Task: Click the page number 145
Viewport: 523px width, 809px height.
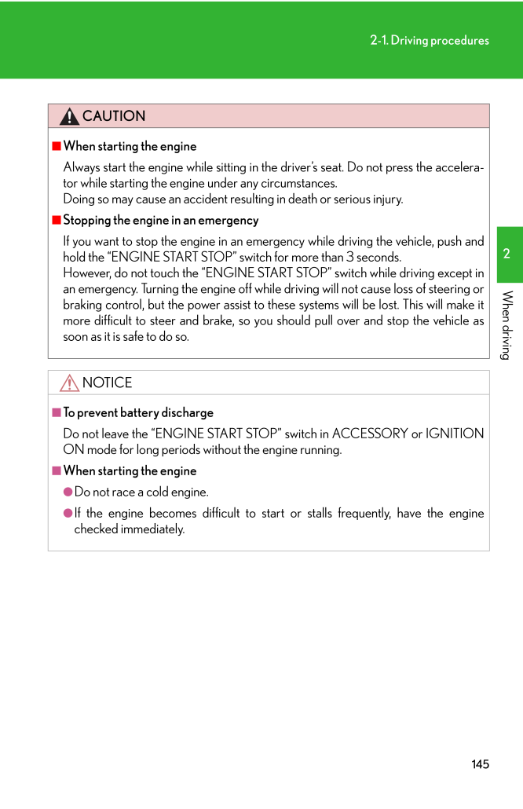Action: tap(481, 764)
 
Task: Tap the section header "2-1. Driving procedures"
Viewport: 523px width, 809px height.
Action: tap(430, 40)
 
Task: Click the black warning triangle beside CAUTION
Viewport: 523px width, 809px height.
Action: tap(69, 117)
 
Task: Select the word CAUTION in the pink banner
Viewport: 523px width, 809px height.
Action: tap(114, 116)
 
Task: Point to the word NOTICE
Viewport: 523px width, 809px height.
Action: tap(107, 383)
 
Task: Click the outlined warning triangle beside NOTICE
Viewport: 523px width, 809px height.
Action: tap(69, 383)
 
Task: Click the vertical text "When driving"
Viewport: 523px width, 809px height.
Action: tap(507, 325)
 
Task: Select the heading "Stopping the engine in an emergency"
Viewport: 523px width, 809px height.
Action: tap(160, 220)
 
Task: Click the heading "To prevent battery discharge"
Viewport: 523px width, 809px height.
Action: tap(138, 412)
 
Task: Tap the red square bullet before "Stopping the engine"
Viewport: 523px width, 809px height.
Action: tap(57, 220)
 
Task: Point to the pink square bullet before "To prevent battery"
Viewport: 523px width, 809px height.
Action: tap(57, 412)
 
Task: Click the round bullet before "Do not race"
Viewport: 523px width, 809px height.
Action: tap(68, 492)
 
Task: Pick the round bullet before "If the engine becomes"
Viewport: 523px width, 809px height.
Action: tap(68, 513)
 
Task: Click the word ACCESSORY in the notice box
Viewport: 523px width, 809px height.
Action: tap(370, 434)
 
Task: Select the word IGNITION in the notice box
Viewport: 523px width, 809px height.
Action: tap(455, 434)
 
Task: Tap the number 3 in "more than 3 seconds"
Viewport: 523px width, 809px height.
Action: tap(350, 257)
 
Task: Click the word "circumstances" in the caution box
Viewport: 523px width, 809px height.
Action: tap(298, 183)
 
